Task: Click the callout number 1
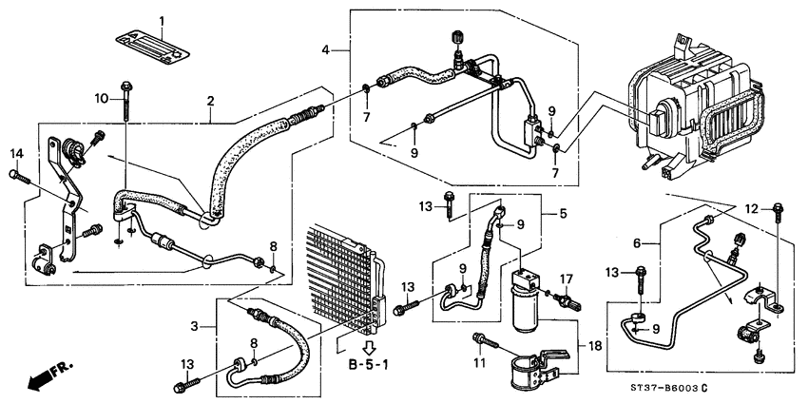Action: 162,21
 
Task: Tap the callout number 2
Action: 210,101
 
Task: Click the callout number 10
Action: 125,101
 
